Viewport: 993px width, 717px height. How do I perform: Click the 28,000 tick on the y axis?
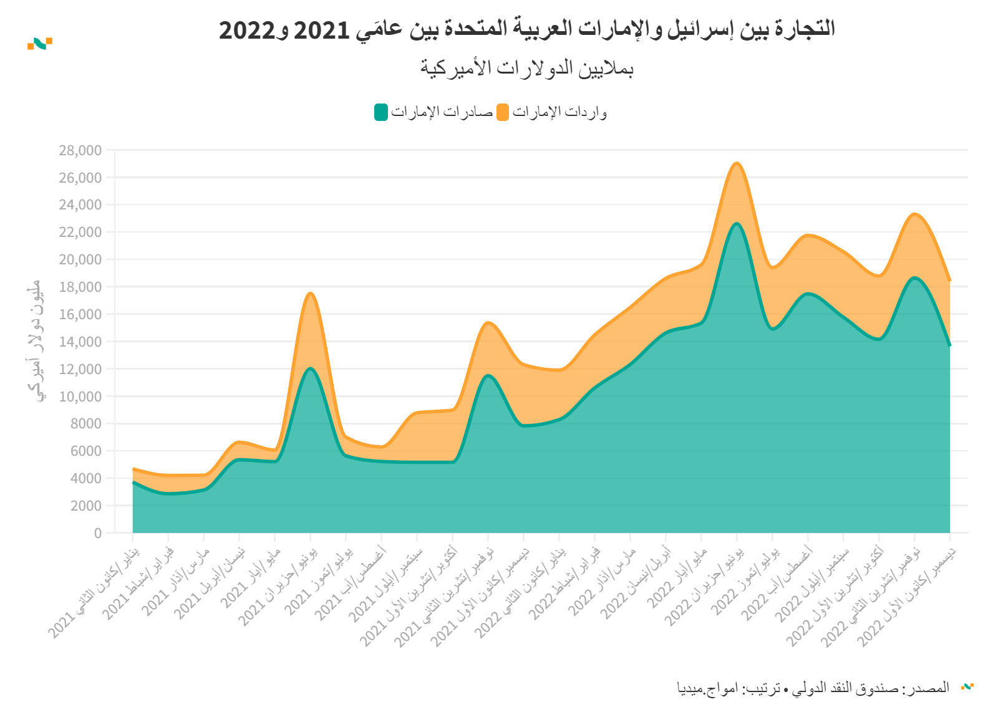point(80,150)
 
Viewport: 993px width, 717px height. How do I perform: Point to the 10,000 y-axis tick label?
point(80,397)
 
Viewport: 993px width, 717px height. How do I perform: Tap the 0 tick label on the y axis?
point(97,533)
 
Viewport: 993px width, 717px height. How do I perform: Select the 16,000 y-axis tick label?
point(80,314)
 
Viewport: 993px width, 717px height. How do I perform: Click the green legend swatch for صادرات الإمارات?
point(381,112)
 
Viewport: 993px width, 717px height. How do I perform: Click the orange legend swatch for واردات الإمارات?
point(503,112)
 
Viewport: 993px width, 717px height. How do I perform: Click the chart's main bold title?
point(526,29)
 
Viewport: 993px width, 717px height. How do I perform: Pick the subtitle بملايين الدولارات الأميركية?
point(526,67)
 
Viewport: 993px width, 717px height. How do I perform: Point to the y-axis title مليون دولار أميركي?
point(35,341)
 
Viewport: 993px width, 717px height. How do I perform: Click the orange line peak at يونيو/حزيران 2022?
point(737,163)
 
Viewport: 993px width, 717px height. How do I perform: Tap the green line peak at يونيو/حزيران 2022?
point(737,224)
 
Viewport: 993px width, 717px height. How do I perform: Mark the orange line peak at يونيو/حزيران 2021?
point(311,294)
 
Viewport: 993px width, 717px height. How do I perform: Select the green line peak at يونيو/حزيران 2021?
point(311,368)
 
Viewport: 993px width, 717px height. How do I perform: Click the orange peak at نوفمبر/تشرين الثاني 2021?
point(488,322)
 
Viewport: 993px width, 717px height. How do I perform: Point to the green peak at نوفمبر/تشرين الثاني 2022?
point(914,278)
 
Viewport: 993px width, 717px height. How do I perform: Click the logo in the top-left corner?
point(39,44)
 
